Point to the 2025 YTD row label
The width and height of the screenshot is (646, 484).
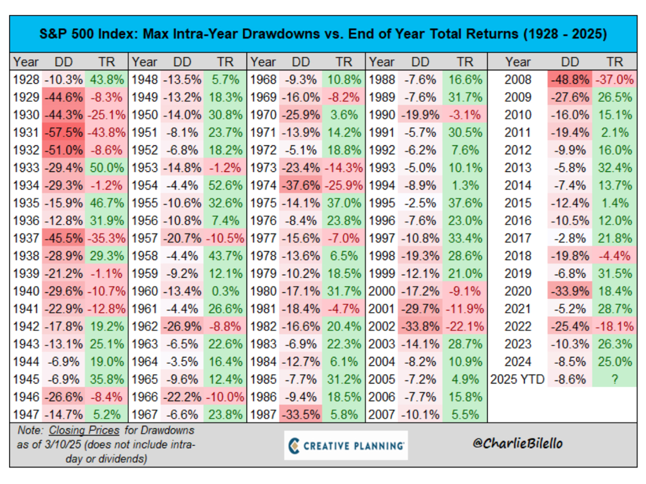pos(517,379)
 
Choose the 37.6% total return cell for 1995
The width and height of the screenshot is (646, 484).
pos(464,203)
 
